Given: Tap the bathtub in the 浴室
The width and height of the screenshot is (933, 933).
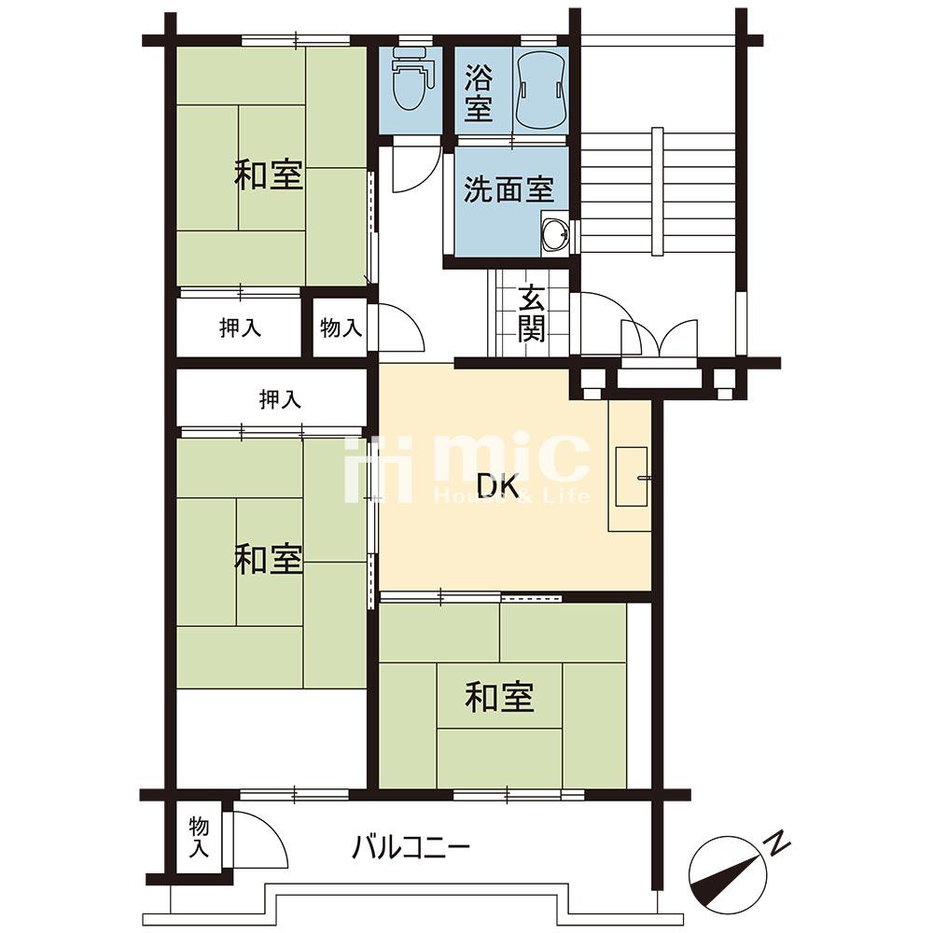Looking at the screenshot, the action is pyautogui.click(x=540, y=88).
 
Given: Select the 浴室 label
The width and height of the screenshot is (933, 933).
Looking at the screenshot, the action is pyautogui.click(x=479, y=92).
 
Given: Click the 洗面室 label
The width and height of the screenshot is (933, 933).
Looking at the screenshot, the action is pyautogui.click(x=508, y=189).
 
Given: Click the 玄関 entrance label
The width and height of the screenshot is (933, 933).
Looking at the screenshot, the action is pyautogui.click(x=531, y=313).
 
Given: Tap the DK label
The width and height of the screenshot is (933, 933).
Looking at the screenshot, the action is pyautogui.click(x=498, y=486).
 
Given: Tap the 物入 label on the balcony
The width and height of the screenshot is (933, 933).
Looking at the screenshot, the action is pyautogui.click(x=199, y=837).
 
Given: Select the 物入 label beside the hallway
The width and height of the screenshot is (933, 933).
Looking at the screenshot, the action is pyautogui.click(x=341, y=327).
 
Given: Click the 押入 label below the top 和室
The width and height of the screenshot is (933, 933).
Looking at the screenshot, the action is pyautogui.click(x=240, y=327).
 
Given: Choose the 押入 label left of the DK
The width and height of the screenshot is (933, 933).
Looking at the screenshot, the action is pyautogui.click(x=280, y=399).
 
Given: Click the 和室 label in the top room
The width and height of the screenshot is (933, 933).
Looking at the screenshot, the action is pyautogui.click(x=269, y=175).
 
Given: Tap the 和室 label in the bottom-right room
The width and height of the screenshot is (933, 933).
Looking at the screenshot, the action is pyautogui.click(x=500, y=697).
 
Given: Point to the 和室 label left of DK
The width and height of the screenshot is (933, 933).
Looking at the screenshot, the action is pyautogui.click(x=269, y=560).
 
